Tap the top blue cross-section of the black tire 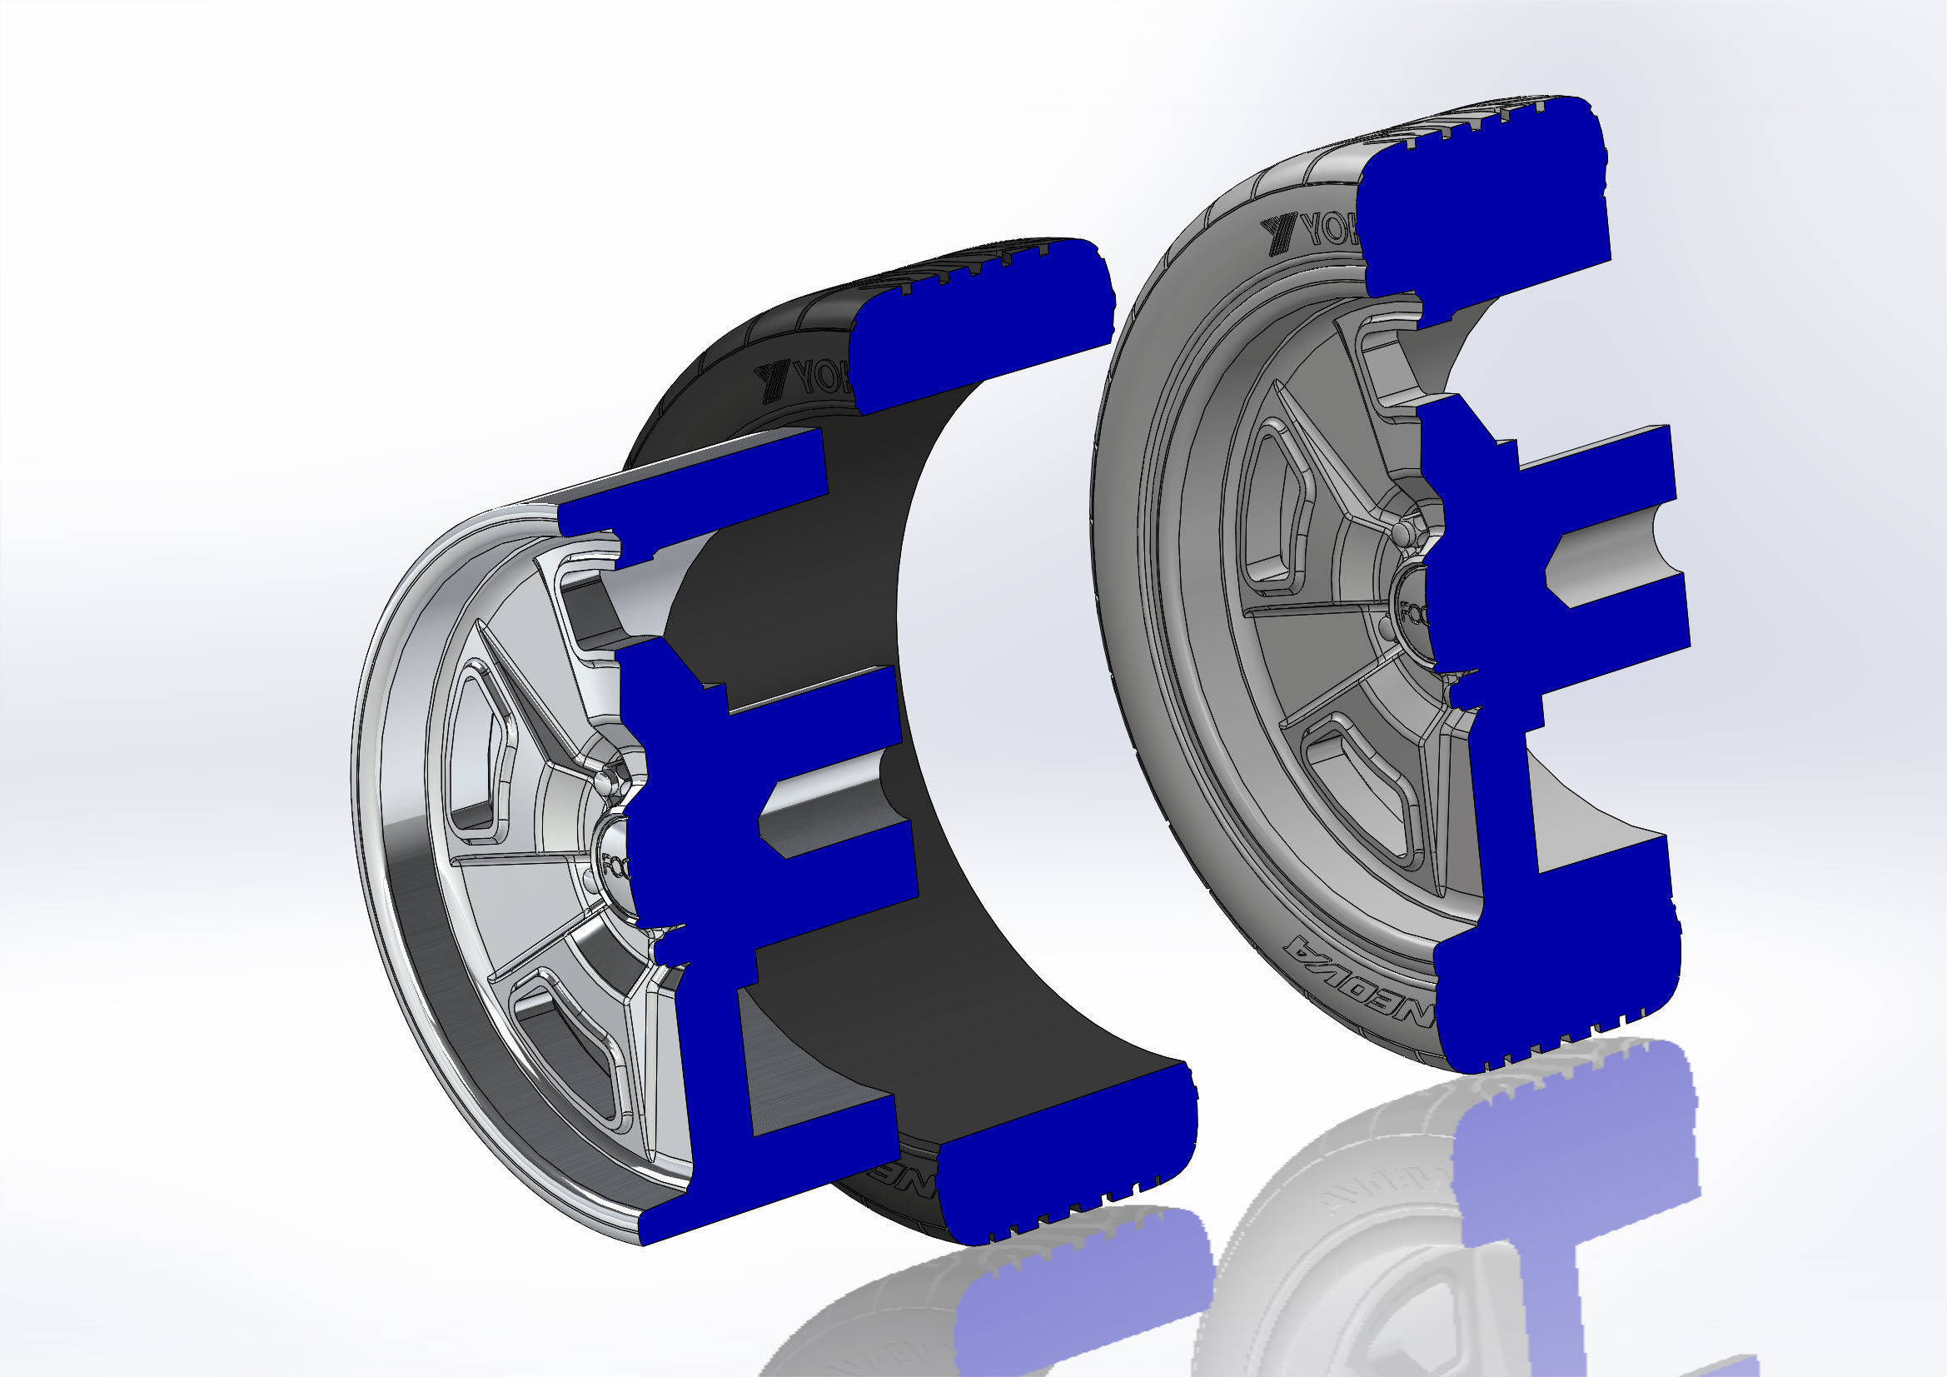[983, 322]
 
